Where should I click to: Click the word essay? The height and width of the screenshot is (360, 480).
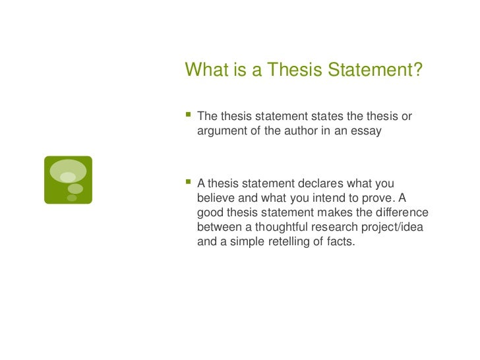[367, 131]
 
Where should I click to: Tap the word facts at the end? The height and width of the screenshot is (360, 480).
[340, 242]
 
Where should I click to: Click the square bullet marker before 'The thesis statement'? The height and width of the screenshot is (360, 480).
[188, 115]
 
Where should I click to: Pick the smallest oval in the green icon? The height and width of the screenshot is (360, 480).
[72, 197]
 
